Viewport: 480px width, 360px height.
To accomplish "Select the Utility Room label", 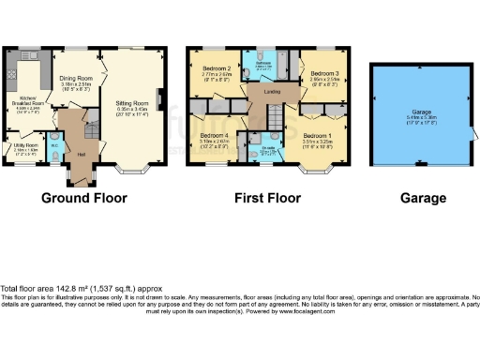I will point(25,145).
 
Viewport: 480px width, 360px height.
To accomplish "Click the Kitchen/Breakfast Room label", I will point(28,101).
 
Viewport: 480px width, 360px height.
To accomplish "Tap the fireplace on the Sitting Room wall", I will point(160,97).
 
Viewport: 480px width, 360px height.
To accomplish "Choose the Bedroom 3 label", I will point(323,72).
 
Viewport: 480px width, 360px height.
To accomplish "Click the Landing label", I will point(271,91).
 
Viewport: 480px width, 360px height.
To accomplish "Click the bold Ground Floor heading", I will point(85,198).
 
